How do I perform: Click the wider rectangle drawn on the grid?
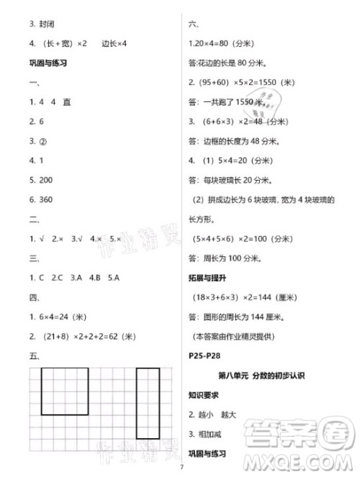[65, 391]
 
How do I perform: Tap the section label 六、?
[193, 24]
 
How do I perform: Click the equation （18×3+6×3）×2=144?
[245, 297]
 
